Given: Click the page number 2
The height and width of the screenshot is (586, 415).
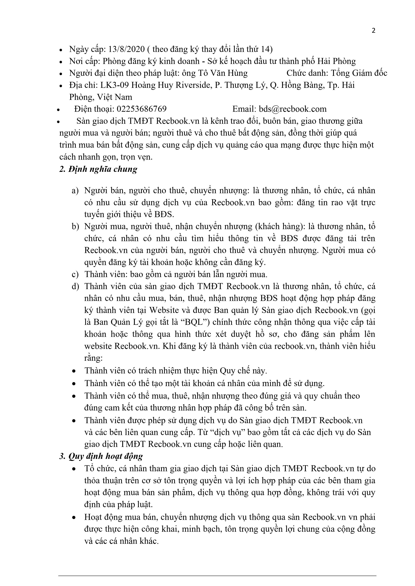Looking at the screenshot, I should pos(373,31).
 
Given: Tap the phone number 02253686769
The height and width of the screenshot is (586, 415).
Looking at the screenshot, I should pos(142,109).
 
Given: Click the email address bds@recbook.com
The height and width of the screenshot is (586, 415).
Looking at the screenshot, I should pos(293,109).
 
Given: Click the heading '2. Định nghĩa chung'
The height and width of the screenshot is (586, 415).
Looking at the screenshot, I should pos(98,169).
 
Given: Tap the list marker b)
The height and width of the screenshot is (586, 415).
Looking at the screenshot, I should pos(75,227).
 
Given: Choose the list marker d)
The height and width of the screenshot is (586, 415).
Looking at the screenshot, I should pos(75,286).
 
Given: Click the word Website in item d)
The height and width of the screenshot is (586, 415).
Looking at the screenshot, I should pos(164,310).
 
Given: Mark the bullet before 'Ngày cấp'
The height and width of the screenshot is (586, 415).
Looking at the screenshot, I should pos(61,50).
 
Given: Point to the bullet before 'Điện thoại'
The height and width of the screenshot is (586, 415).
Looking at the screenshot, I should pos(59,110).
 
